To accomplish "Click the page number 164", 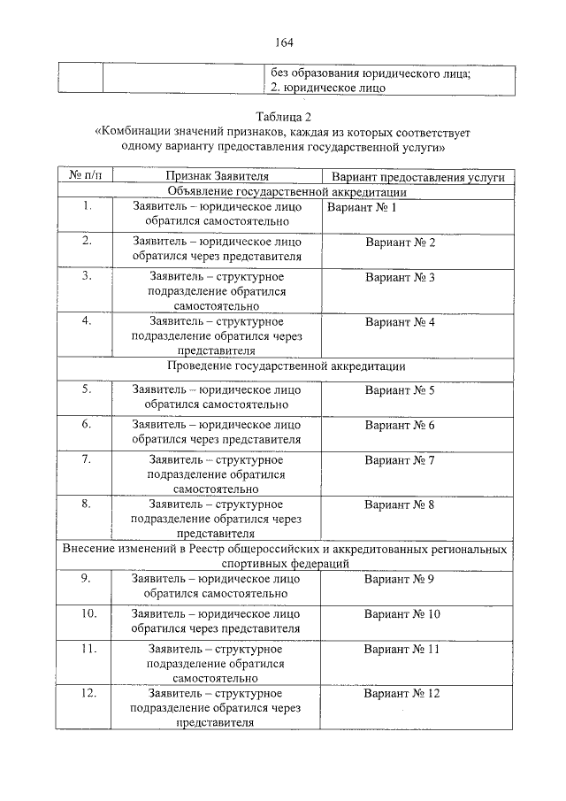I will tap(284, 42).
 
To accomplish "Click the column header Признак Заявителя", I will tap(217, 177).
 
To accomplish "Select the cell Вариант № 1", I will tap(362, 207).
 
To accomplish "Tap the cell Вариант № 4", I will tap(400, 321).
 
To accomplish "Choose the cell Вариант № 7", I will tap(400, 460).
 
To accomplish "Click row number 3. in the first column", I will tap(87, 276).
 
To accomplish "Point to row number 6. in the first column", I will tap(87, 424).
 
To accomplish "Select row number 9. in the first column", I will tap(87, 578).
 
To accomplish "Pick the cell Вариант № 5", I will tap(400, 389).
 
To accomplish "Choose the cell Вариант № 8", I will tap(400, 504).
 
